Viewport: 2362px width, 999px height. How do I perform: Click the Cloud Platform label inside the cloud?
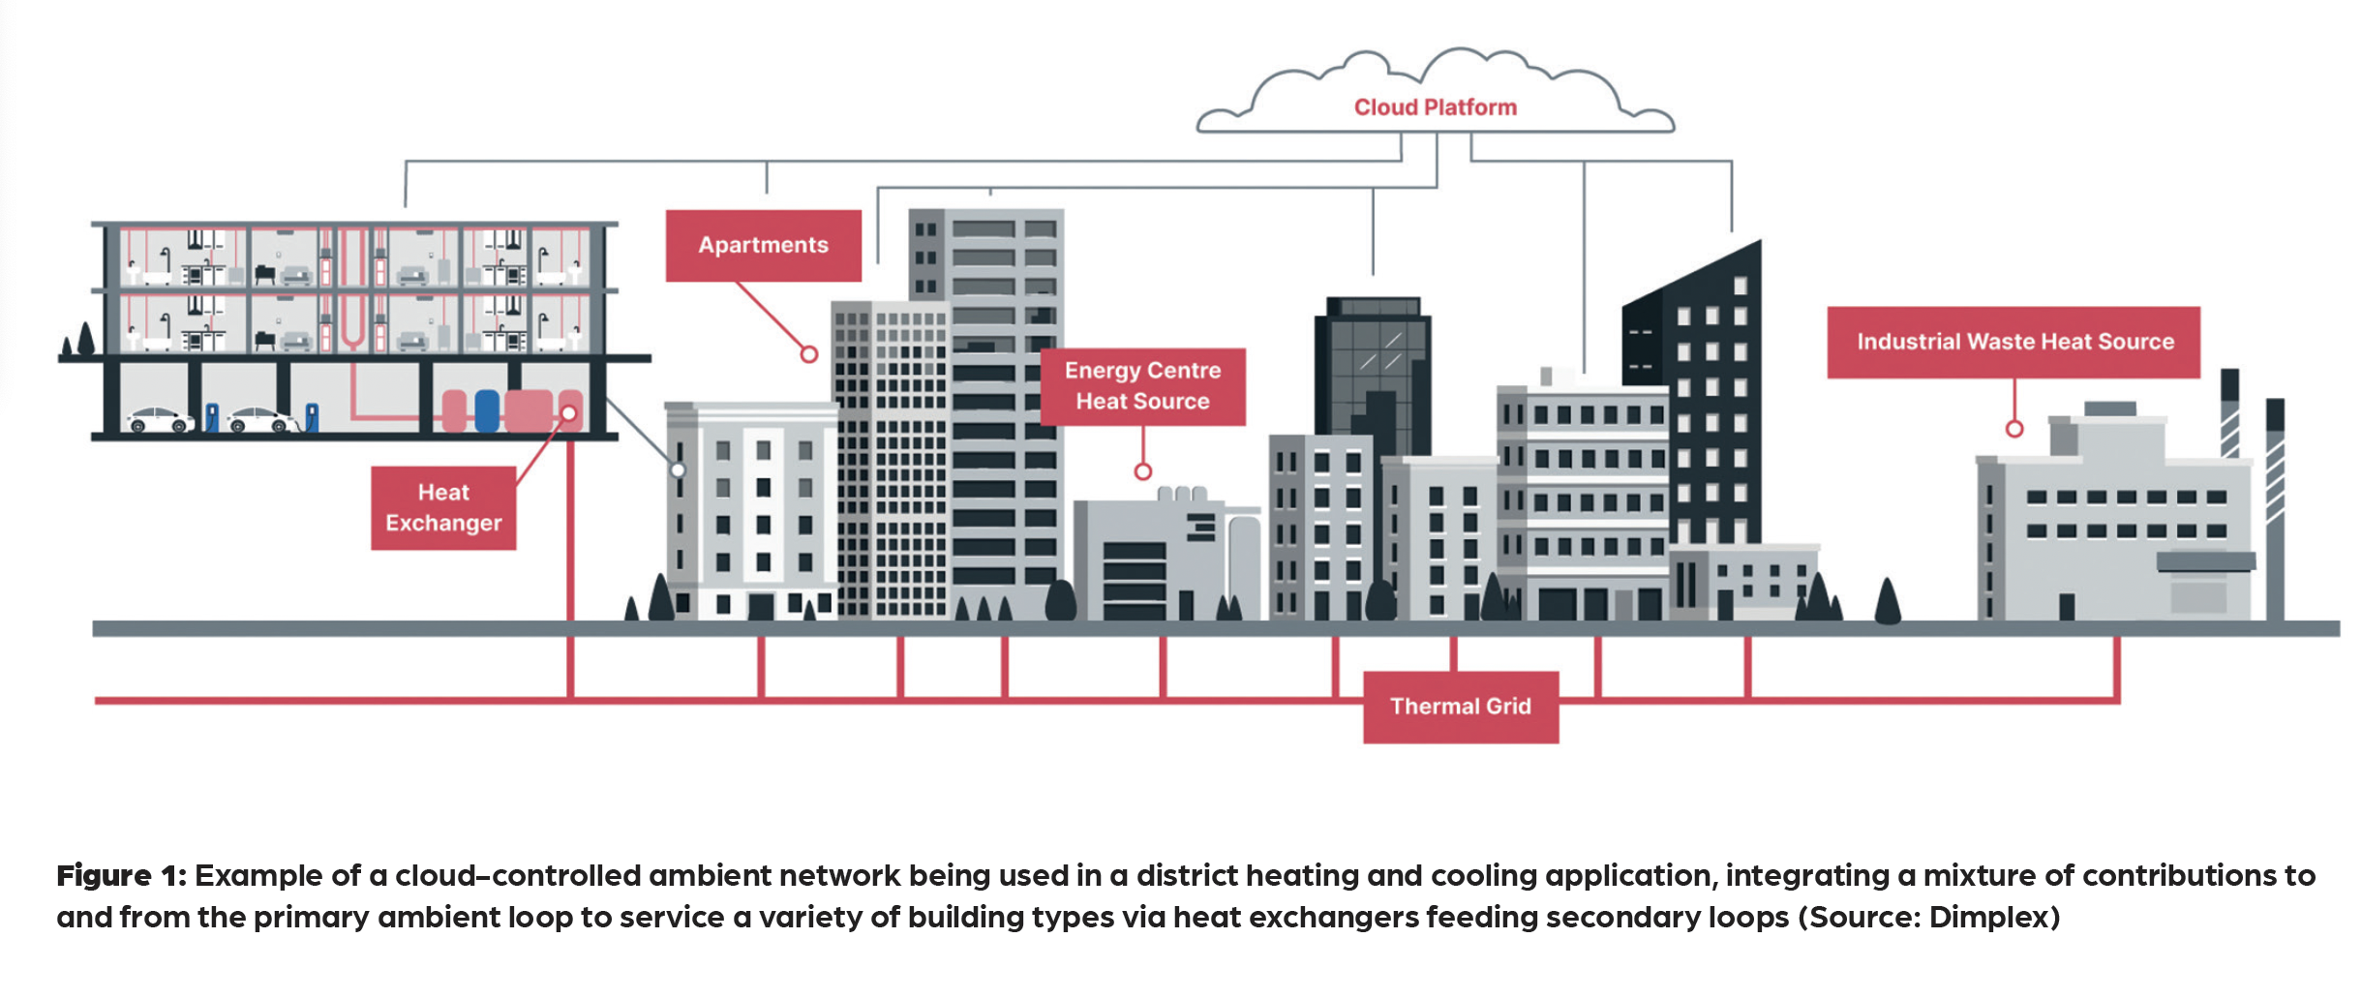(1435, 107)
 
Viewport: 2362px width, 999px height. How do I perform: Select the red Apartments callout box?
(763, 245)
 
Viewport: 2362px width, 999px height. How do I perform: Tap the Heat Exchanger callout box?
(443, 507)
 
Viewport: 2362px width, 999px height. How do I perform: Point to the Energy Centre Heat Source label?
(1142, 385)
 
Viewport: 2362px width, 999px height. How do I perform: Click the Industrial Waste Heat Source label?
(2014, 342)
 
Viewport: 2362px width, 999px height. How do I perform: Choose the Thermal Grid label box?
(1460, 707)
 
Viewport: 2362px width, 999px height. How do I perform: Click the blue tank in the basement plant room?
(487, 410)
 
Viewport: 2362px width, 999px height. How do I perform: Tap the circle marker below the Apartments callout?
(809, 354)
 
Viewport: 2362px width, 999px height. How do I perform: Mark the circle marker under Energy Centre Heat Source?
(1142, 471)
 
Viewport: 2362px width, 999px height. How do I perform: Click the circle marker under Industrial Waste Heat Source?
(2014, 428)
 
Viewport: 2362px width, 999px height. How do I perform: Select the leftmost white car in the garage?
(160, 420)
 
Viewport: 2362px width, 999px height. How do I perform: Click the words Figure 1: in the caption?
(120, 876)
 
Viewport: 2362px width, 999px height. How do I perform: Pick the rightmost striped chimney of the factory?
(2275, 503)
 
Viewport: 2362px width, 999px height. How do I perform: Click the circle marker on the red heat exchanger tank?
(569, 413)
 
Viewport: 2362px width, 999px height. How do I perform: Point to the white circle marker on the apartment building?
(679, 470)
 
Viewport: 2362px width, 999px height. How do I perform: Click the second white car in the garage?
(260, 420)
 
